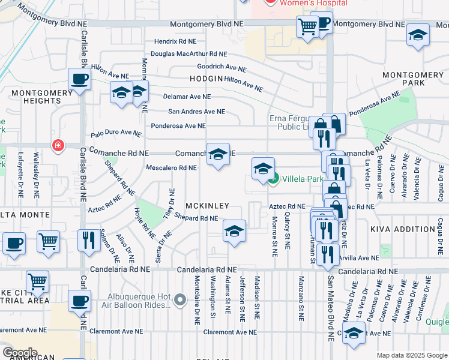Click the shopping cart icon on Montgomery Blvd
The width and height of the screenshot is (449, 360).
pyautogui.click(x=307, y=26)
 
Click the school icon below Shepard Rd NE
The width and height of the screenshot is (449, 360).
pyautogui.click(x=234, y=230)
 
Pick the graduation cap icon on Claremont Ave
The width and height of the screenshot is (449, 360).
pyautogui.click(x=354, y=333)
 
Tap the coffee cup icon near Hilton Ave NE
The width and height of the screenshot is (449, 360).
pyautogui.click(x=79, y=79)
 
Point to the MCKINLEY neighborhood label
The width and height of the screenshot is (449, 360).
pyautogui.click(x=207, y=206)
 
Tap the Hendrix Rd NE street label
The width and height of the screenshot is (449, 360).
pyautogui.click(x=179, y=42)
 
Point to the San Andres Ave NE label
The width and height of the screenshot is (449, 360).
pyautogui.click(x=196, y=112)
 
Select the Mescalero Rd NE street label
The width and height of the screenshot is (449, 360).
pyautogui.click(x=171, y=168)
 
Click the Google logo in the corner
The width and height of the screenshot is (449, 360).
pyautogui.click(x=20, y=352)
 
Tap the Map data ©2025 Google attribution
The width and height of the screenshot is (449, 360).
pyautogui.click(x=411, y=355)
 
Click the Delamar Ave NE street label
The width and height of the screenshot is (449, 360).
pyautogui.click(x=187, y=96)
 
